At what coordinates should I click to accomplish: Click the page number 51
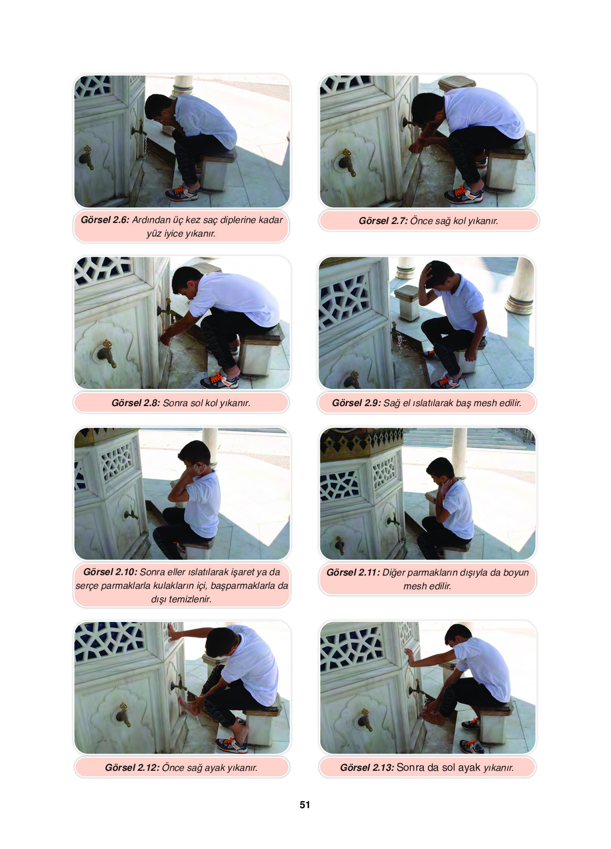tap(305, 805)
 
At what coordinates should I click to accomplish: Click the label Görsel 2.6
tap(105, 220)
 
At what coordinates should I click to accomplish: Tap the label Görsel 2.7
tap(383, 221)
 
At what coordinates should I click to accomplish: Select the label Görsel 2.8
tap(136, 403)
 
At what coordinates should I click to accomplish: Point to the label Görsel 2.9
tap(356, 403)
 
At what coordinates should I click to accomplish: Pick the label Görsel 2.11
tap(353, 573)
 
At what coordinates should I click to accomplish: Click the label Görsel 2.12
tap(132, 767)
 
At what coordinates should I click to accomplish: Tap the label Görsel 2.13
tap(367, 767)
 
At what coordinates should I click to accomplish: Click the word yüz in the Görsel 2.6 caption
tap(154, 234)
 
